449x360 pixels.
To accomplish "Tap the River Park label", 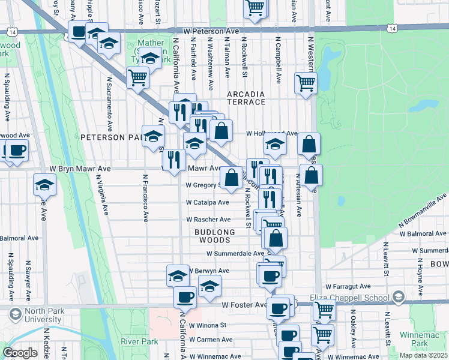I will tap(139, 341).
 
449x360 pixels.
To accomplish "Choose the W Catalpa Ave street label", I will tap(207, 203).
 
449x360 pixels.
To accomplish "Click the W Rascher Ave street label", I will tap(208, 220).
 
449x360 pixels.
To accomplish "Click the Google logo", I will tap(20, 353).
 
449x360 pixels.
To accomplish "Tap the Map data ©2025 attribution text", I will tap(423, 355).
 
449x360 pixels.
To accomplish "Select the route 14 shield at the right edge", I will tap(391, 28).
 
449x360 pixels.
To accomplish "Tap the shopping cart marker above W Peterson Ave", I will tap(255, 8).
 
